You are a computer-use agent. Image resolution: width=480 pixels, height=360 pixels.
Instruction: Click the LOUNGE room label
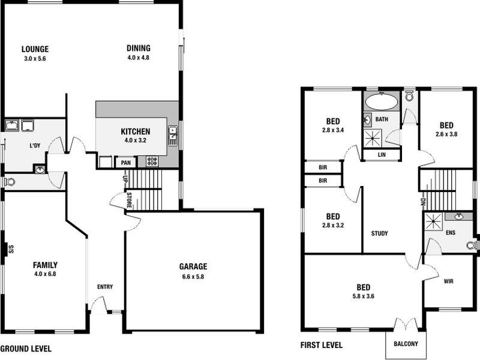(x=34, y=49)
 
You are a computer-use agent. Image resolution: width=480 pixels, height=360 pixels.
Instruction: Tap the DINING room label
(x=138, y=49)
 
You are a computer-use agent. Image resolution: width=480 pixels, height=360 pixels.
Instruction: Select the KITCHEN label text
(x=135, y=132)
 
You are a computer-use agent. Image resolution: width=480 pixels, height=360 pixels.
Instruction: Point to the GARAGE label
(x=193, y=266)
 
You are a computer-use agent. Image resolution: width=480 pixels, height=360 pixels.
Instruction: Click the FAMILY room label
(x=45, y=264)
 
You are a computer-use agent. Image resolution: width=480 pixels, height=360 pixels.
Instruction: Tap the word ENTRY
(x=105, y=287)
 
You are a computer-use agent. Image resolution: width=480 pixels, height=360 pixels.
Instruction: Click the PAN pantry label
(x=126, y=163)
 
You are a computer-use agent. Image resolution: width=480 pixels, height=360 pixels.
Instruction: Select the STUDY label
(x=379, y=233)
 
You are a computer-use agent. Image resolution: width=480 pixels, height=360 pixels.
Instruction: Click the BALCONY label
(x=406, y=344)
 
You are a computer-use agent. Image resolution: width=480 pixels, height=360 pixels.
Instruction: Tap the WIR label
(x=448, y=281)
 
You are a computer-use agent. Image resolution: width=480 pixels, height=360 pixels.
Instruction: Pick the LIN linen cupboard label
(x=382, y=154)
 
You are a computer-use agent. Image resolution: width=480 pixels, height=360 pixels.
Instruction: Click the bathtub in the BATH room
(x=382, y=101)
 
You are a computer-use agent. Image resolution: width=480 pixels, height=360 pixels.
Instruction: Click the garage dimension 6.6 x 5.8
(x=193, y=277)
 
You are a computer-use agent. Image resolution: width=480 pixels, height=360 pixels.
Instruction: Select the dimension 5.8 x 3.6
(x=363, y=296)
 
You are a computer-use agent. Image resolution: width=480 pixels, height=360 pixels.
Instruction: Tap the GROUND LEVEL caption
(x=26, y=348)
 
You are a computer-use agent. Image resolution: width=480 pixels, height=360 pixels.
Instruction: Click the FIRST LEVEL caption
(x=321, y=345)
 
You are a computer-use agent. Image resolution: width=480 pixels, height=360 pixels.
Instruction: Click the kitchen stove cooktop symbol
(x=152, y=161)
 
